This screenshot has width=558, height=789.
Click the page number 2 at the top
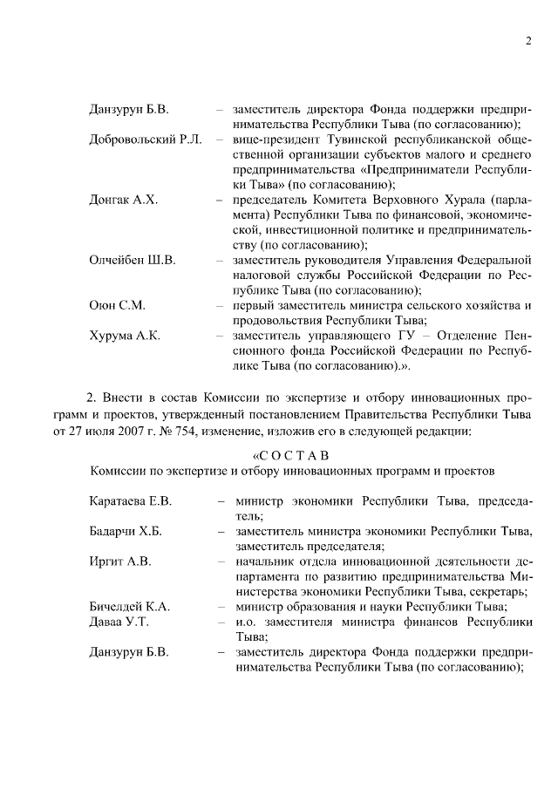coord(528,42)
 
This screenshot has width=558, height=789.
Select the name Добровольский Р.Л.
coord(145,140)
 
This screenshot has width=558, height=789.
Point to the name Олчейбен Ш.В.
coord(133,261)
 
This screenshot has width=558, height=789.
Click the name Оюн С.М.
coord(117,306)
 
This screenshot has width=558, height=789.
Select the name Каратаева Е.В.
coord(131,500)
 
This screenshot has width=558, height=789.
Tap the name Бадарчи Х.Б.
coord(126,531)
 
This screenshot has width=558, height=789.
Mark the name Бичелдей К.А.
coord(129,607)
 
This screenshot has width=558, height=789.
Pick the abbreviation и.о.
coord(246,622)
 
